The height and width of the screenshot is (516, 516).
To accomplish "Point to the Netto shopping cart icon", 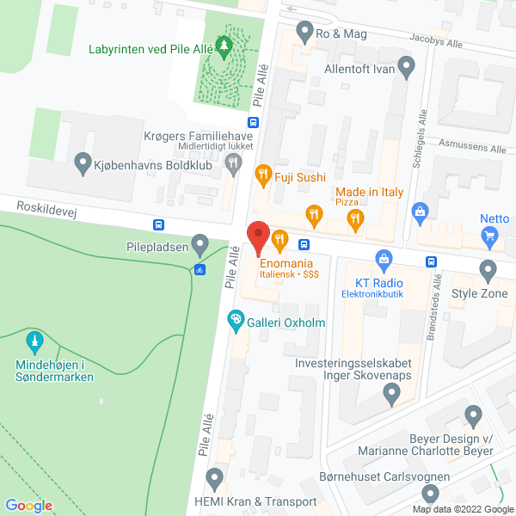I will pos(490,235).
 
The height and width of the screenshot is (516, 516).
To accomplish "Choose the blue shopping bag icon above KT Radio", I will pos(384,257).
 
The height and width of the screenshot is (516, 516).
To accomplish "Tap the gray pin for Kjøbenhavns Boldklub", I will pos(83,161).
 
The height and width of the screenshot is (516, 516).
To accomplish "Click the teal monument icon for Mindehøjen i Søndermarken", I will pos(34,341).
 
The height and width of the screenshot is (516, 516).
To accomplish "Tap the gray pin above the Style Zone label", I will pos(488,271).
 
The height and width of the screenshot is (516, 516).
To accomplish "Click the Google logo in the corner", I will pos(29,505).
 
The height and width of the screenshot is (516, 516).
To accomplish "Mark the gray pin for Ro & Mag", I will pos(304,33).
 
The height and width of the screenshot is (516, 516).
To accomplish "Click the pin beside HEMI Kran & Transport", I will pos(215,477).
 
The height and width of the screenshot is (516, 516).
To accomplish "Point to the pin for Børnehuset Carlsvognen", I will pos(430,494).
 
